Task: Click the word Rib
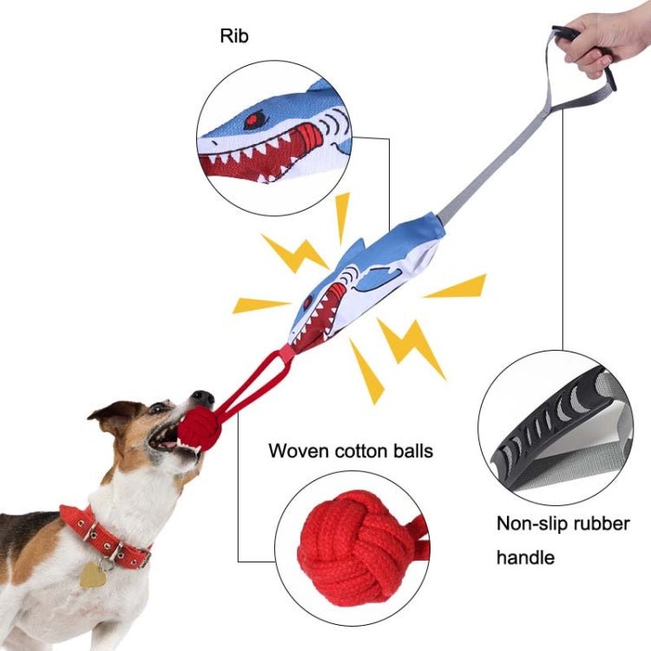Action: pyautogui.click(x=233, y=37)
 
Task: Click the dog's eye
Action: pyautogui.click(x=159, y=408)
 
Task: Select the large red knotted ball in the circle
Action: pyautogui.click(x=355, y=549)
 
